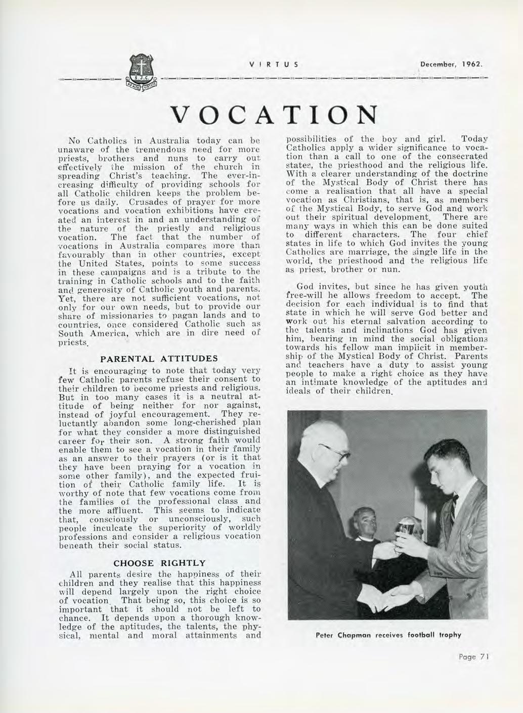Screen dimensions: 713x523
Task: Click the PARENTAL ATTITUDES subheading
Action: [160, 359]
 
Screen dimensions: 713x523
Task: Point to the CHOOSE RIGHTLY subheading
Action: [160, 563]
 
